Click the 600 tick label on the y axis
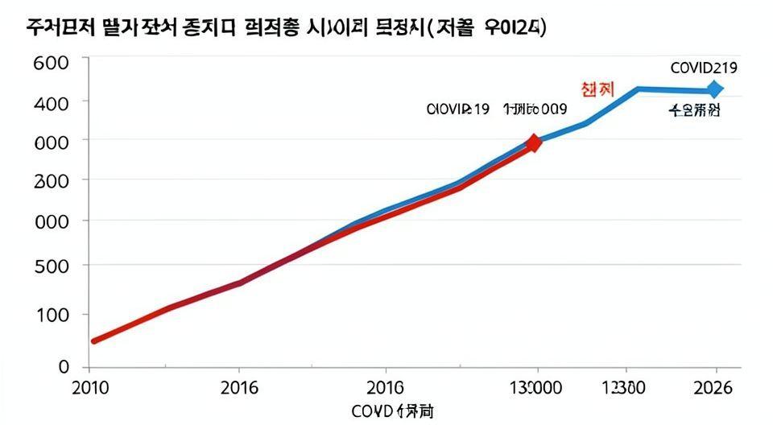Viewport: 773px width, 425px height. coord(52,63)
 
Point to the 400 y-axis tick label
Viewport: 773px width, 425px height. coord(52,102)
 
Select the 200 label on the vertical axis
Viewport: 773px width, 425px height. coord(52,181)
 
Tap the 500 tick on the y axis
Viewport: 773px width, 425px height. coord(52,266)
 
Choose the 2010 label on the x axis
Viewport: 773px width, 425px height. coord(91,388)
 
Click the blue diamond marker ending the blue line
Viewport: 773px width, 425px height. coord(714,89)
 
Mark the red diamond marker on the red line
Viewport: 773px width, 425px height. coord(533,143)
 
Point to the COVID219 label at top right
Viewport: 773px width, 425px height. coord(704,68)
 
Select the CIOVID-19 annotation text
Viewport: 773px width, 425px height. coord(457,109)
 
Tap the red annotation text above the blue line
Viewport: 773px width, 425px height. coord(597,89)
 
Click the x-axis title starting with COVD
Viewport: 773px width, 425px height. coord(392,412)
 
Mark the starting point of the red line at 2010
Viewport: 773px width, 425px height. coord(94,341)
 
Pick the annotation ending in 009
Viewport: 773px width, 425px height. coord(535,109)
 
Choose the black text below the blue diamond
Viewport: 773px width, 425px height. coord(695,111)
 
